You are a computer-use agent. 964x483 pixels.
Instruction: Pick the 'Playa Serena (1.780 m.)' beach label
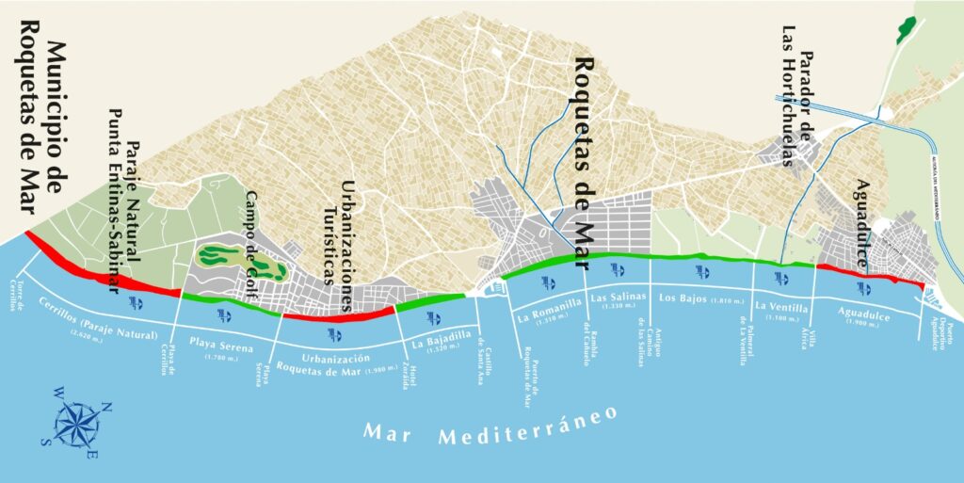tap(222, 346)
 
